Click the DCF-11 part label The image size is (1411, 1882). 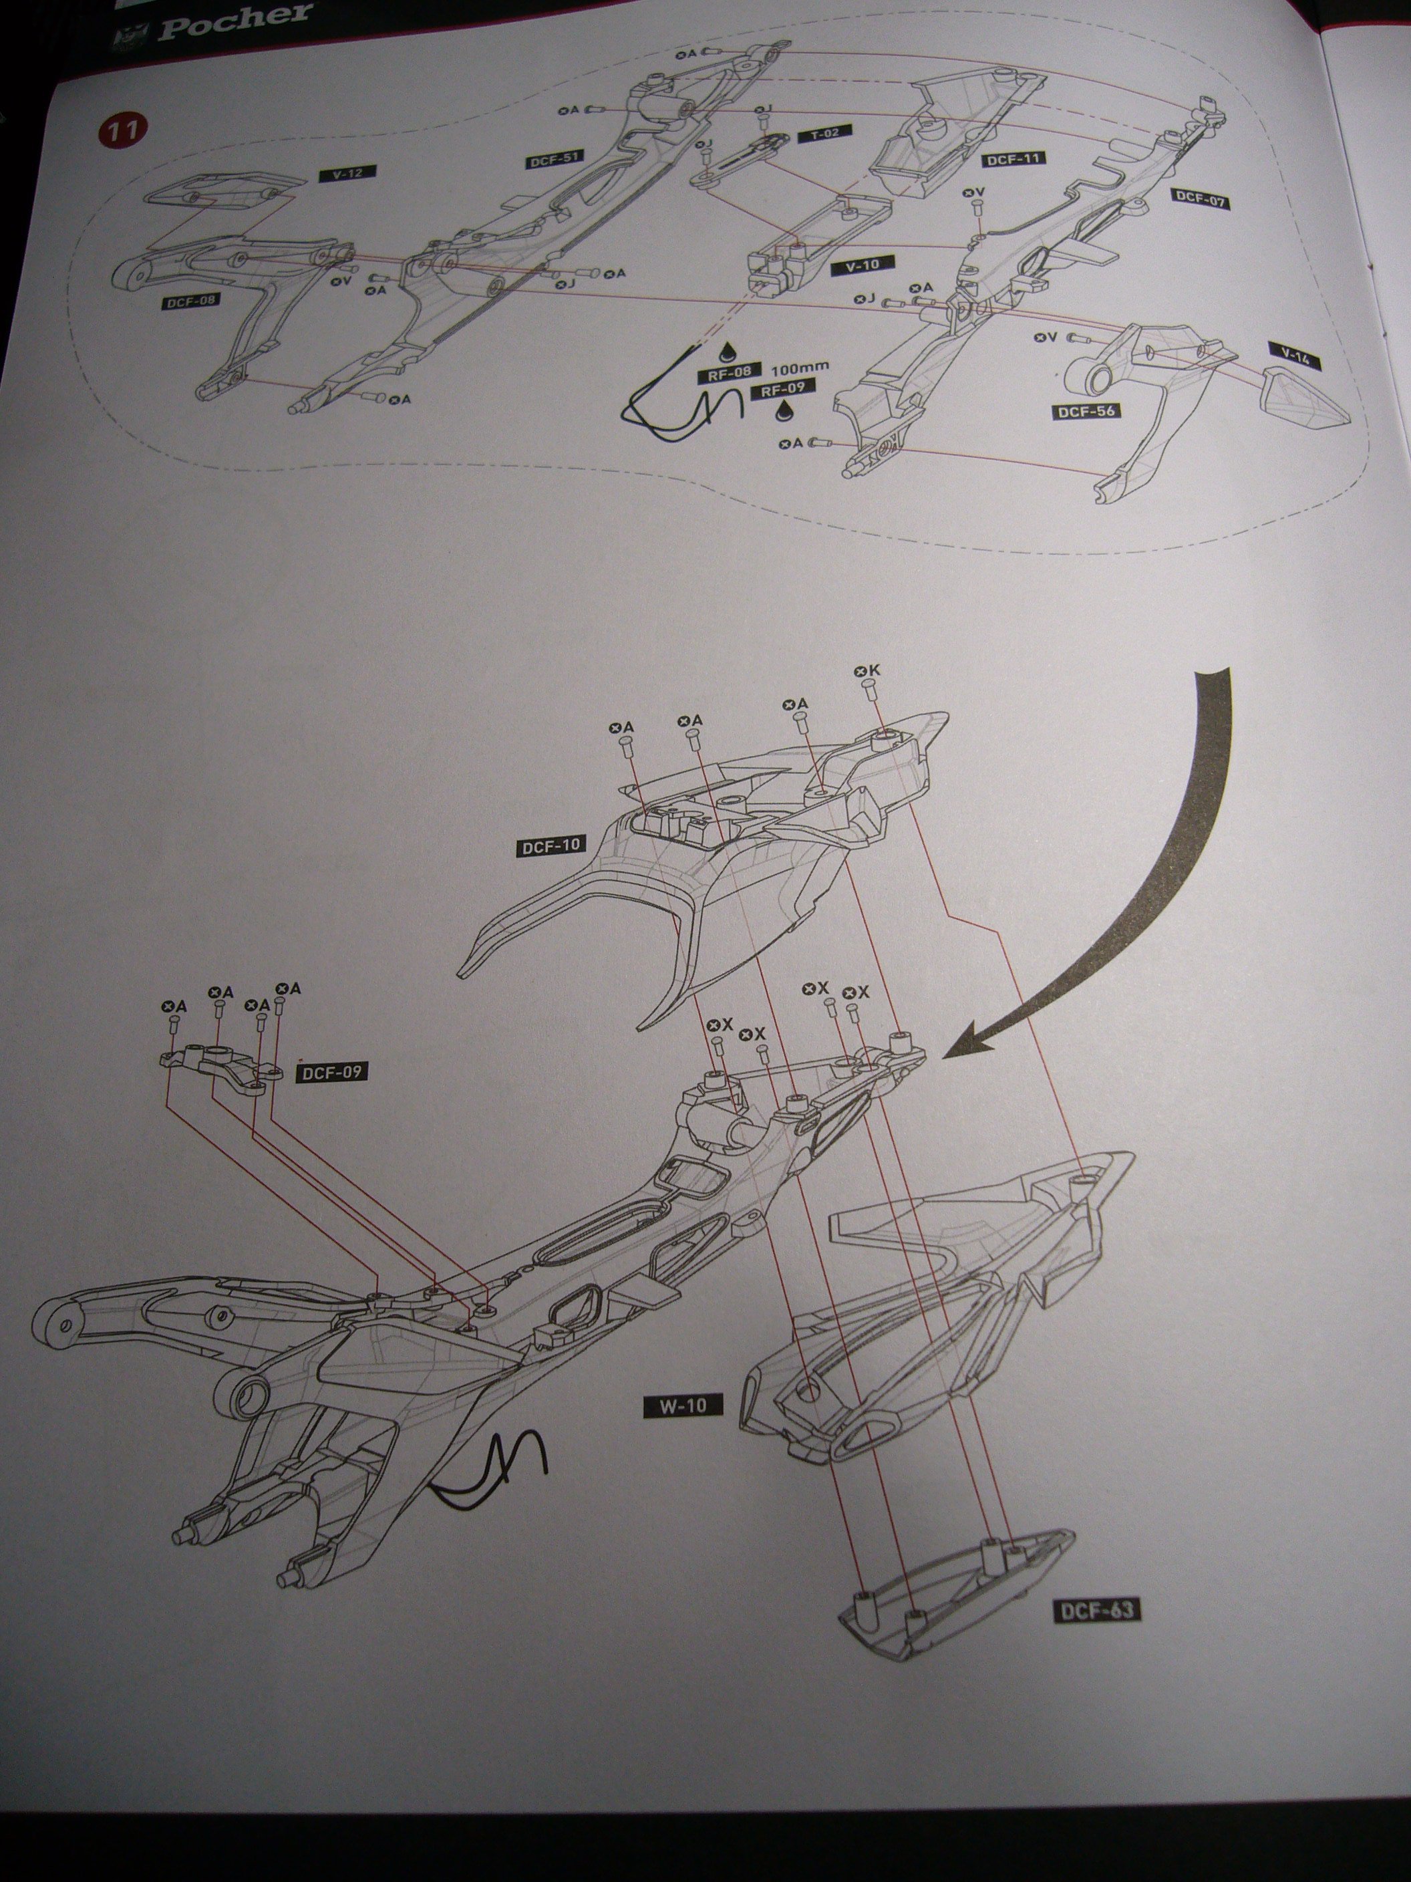pyautogui.click(x=1013, y=159)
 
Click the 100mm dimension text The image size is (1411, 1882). pyautogui.click(x=800, y=370)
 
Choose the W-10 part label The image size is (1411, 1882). pyautogui.click(x=683, y=1405)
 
